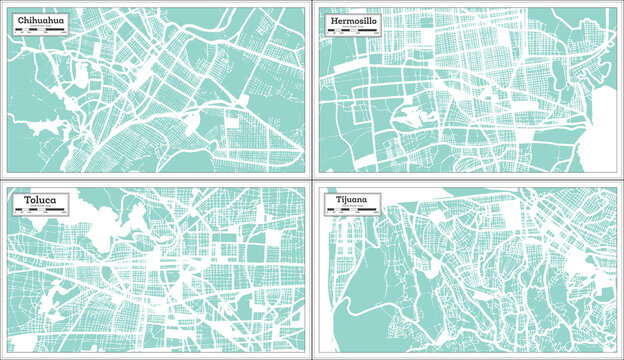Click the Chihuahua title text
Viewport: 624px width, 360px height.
point(41,19)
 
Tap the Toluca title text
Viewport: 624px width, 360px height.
point(35,200)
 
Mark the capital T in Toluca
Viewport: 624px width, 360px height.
point(19,200)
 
